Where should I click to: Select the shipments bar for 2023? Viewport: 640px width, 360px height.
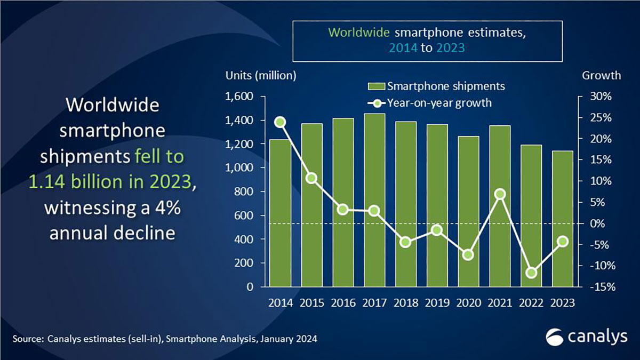pos(562,219)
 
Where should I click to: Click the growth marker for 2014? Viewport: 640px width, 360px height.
pos(280,122)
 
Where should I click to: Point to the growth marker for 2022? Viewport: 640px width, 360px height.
pos(531,273)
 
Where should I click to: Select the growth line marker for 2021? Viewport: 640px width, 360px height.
pos(499,194)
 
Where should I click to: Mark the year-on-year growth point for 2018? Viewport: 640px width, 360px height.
pos(405,242)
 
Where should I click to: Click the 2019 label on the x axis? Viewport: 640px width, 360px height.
pos(437,302)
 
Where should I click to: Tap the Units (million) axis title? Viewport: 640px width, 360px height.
pos(260,75)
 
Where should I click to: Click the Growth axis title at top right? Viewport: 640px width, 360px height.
pos(601,75)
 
